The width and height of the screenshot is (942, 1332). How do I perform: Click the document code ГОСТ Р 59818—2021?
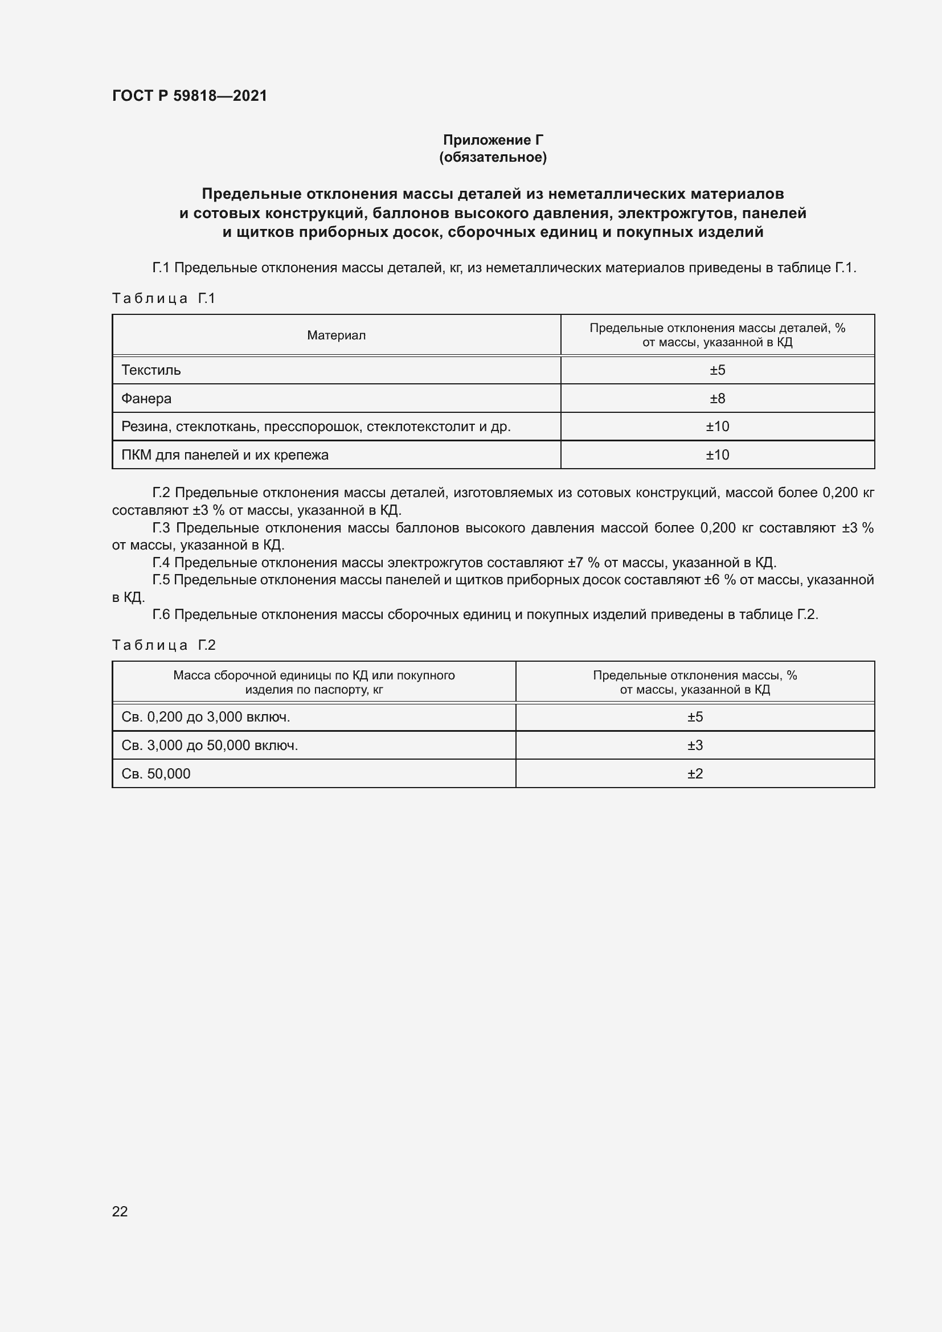tap(190, 96)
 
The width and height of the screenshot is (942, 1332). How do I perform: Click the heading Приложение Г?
tap(493, 140)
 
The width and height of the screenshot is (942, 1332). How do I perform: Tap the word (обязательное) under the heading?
tap(493, 157)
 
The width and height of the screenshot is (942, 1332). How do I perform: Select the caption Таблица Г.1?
tap(163, 298)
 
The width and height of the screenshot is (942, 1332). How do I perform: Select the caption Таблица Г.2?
tap(163, 645)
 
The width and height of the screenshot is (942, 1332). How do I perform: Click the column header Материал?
tap(336, 335)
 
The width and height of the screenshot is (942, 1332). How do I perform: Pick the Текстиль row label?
tap(151, 370)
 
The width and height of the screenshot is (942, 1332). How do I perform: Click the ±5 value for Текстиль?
tap(717, 370)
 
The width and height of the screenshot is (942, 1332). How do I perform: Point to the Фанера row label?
tap(146, 399)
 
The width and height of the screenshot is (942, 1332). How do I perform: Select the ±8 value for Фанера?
tap(717, 399)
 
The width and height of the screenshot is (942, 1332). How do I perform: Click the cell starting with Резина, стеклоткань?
tap(316, 427)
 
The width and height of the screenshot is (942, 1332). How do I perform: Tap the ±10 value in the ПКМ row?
tap(717, 455)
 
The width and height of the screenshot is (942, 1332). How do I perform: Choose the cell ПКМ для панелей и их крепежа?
tap(224, 455)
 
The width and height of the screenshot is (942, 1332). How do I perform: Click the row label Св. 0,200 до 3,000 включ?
tap(206, 717)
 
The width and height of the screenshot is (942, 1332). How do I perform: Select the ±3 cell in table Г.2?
tap(695, 745)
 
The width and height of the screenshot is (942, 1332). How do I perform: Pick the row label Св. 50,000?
tap(155, 774)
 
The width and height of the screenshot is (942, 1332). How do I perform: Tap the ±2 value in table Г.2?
tap(695, 774)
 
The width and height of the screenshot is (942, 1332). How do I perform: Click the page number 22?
tap(120, 1211)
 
